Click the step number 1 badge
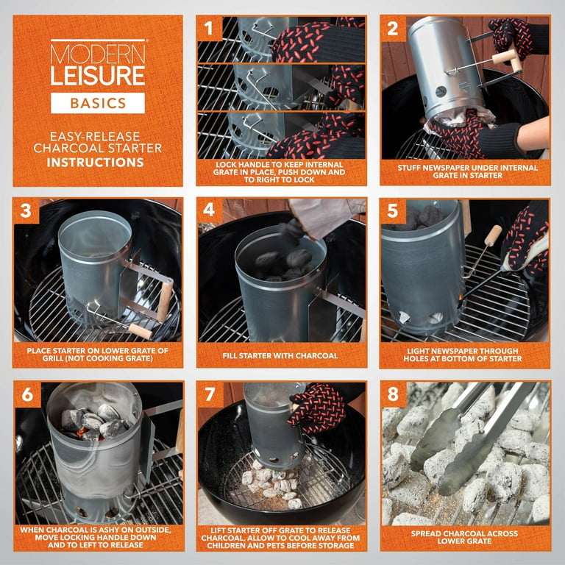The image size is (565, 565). point(210,29)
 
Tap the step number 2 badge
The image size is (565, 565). point(394,29)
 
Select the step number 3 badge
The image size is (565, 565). point(26,211)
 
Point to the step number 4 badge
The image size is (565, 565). point(210,211)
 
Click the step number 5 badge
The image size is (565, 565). point(394,211)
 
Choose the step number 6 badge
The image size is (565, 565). point(26,394)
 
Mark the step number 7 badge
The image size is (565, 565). point(210,394)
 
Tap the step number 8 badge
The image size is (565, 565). point(394,394)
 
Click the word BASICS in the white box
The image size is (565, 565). point(97,102)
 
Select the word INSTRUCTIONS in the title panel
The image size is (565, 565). point(97,161)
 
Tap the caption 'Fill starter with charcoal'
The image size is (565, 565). point(281,355)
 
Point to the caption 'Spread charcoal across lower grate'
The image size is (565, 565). point(465,538)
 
